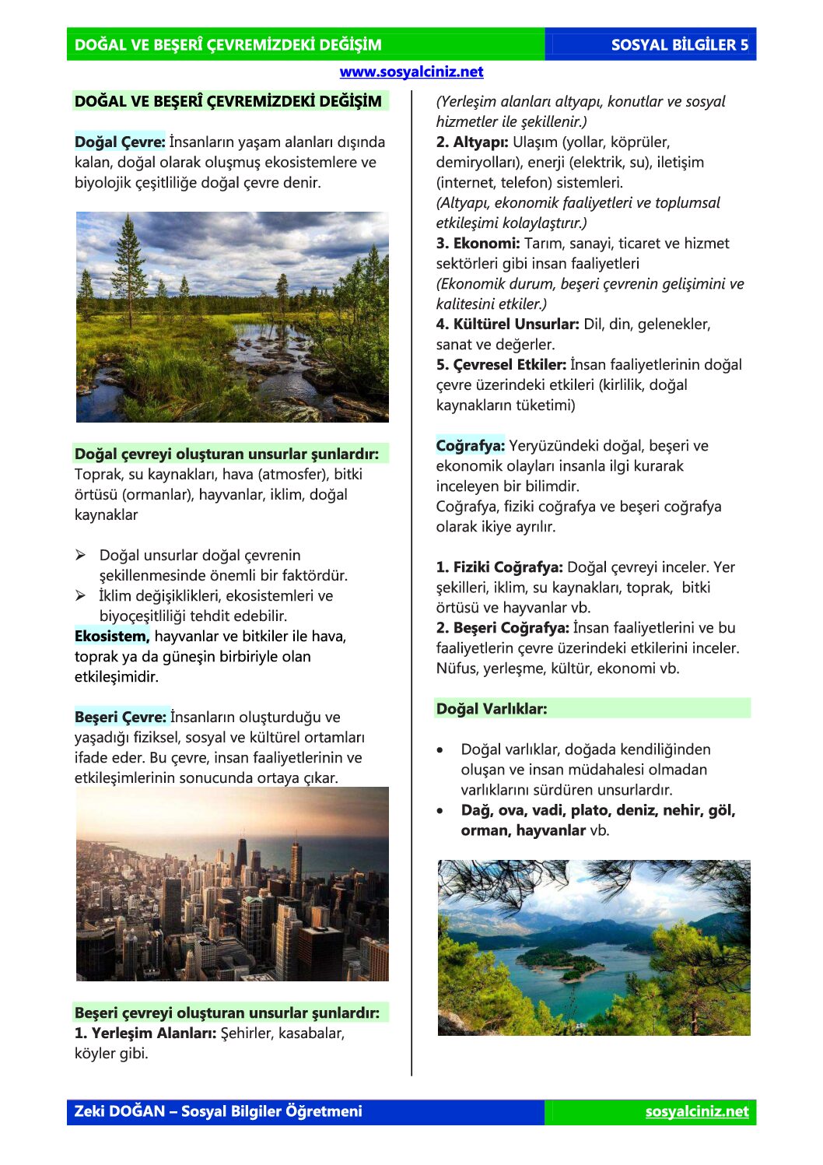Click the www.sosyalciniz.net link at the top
411,72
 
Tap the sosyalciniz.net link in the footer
696,1111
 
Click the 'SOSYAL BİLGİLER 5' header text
679,45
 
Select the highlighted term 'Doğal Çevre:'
120,142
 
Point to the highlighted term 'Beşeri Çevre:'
121,718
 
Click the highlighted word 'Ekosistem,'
112,637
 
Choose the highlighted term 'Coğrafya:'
470,446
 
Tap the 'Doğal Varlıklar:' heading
492,709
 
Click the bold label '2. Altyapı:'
472,142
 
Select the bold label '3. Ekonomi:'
478,244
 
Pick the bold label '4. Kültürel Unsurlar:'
507,325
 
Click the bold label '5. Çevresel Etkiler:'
501,365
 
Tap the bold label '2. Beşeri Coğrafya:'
503,628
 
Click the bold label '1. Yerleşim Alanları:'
145,1033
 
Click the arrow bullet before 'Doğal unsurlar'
81,555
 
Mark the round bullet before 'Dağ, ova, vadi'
441,811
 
